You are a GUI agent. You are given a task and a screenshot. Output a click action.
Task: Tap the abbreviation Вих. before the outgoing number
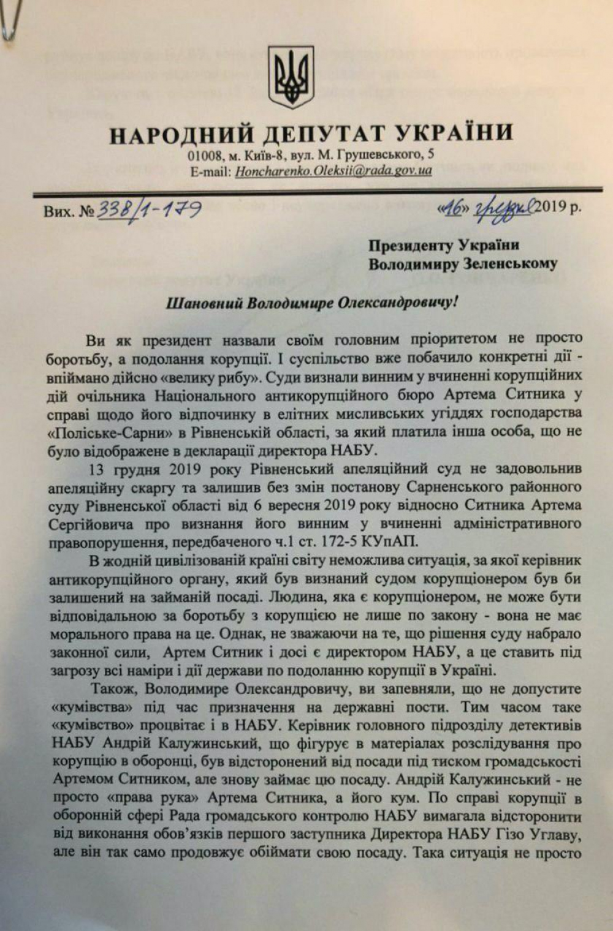[x=60, y=211]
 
